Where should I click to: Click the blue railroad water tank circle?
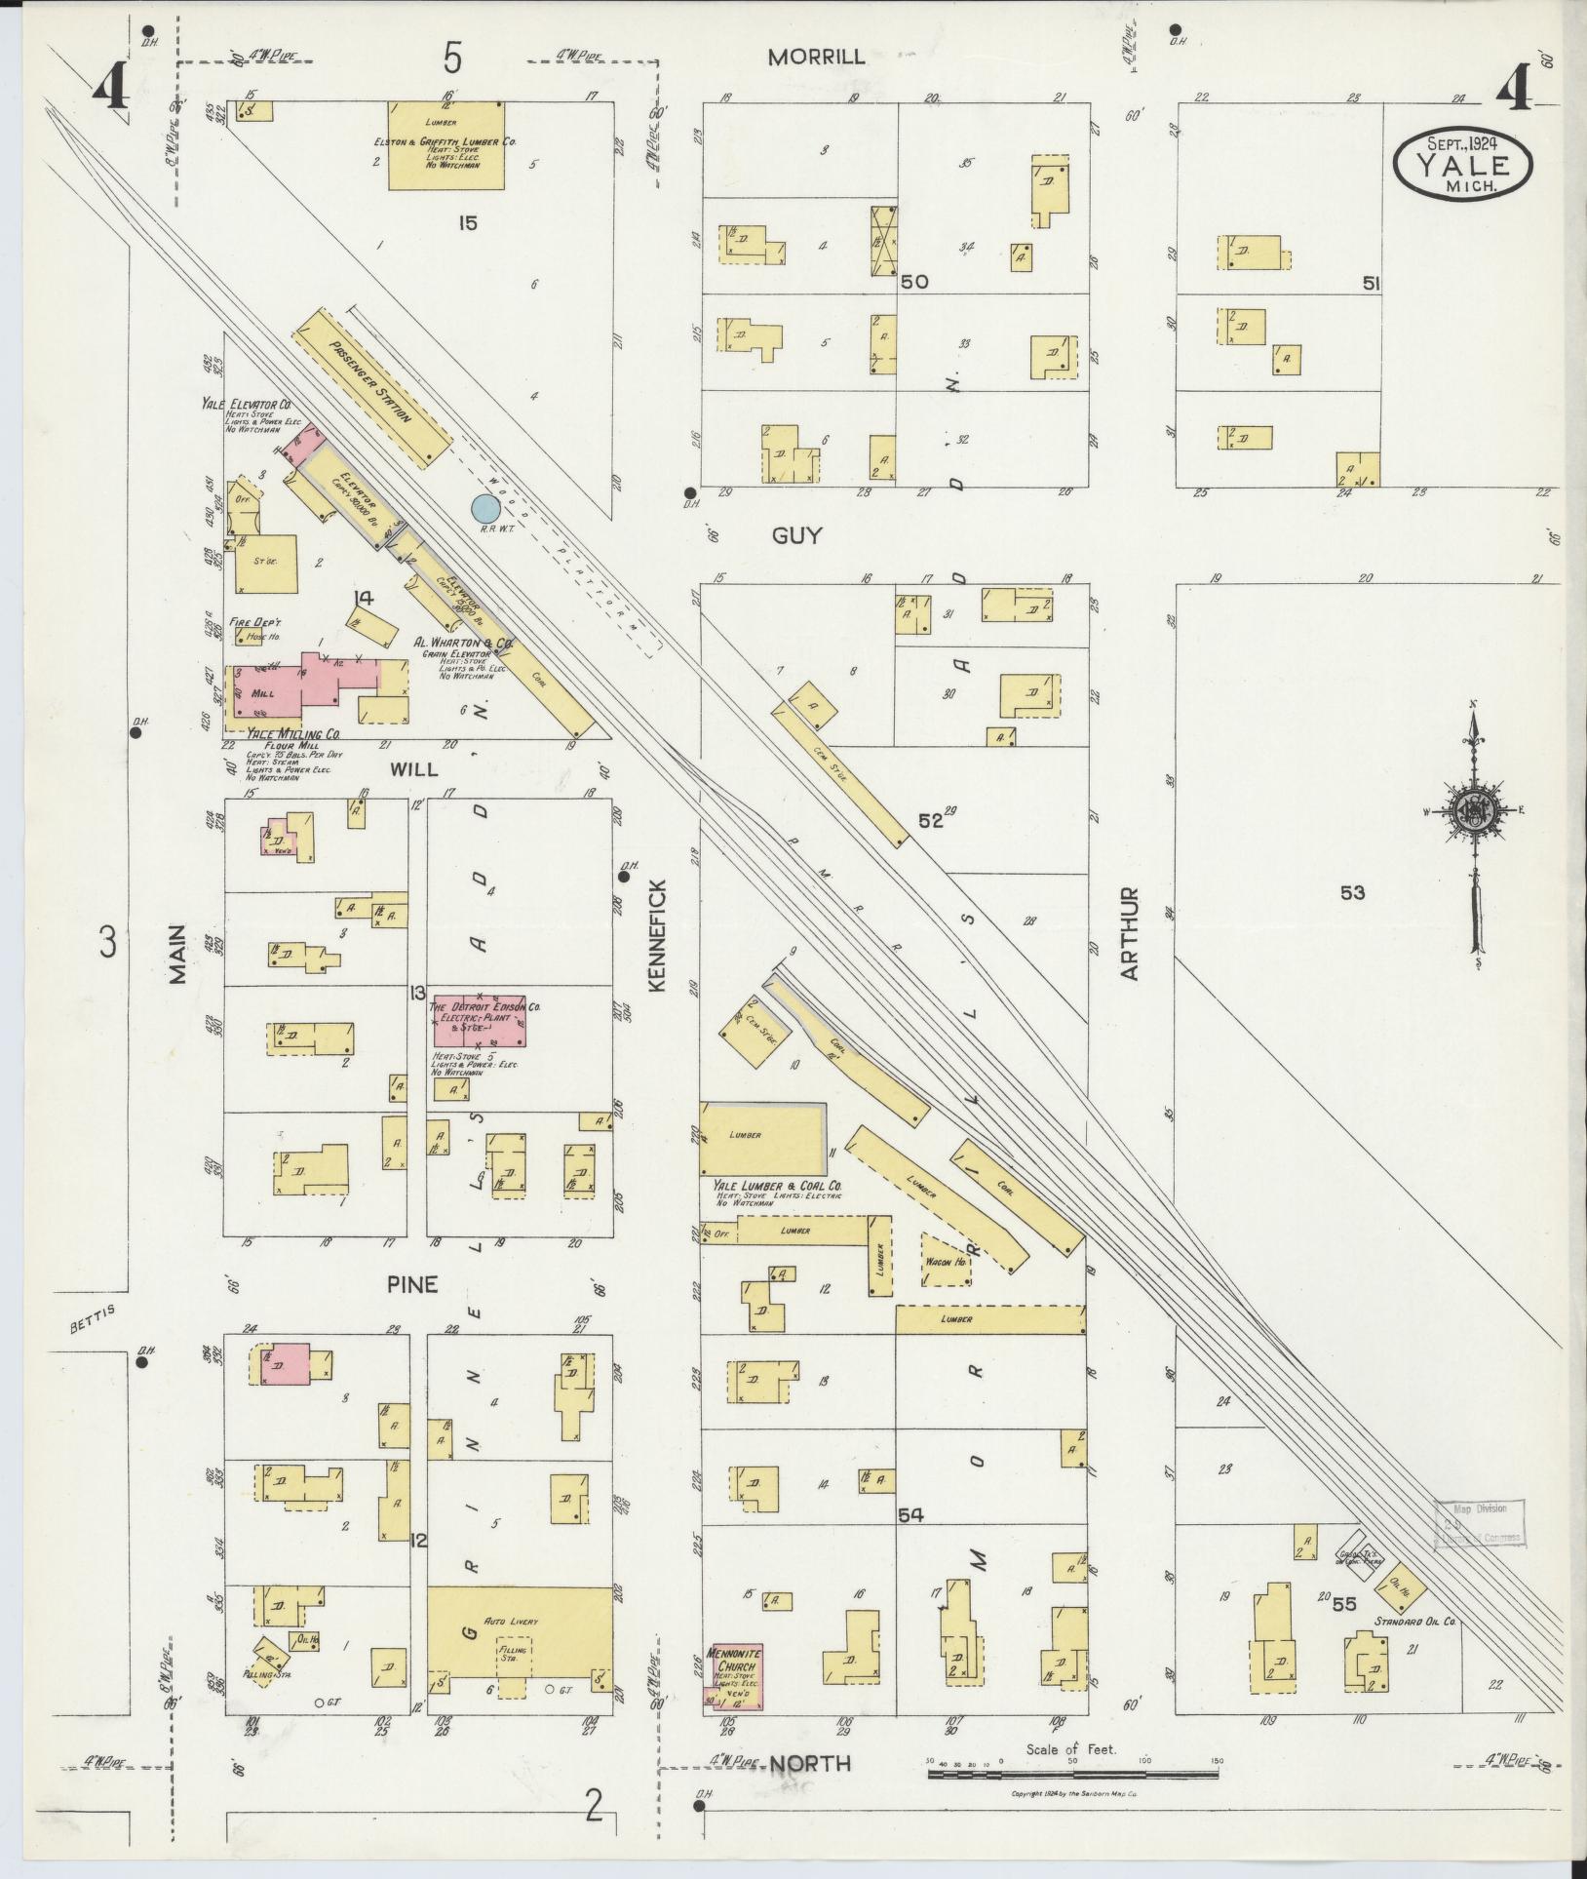(x=484, y=507)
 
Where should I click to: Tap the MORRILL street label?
(x=816, y=57)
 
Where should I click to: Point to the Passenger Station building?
(x=374, y=388)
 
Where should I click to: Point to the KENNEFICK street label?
(x=655, y=935)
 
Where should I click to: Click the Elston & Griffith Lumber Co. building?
(x=446, y=145)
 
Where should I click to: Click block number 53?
(x=1351, y=891)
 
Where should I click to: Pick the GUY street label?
(x=796, y=535)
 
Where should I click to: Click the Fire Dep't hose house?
(x=248, y=636)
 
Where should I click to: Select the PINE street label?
(x=412, y=1284)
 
